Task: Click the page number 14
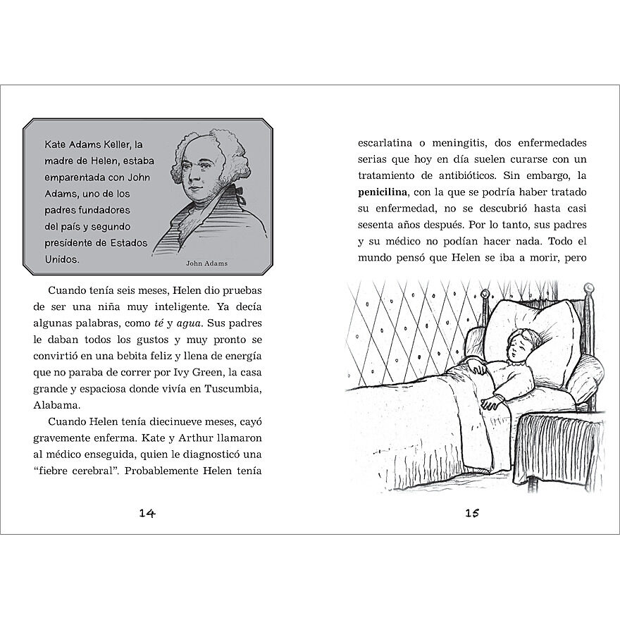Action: pos(147,512)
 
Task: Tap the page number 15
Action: pos(472,512)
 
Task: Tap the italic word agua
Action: pos(189,324)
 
